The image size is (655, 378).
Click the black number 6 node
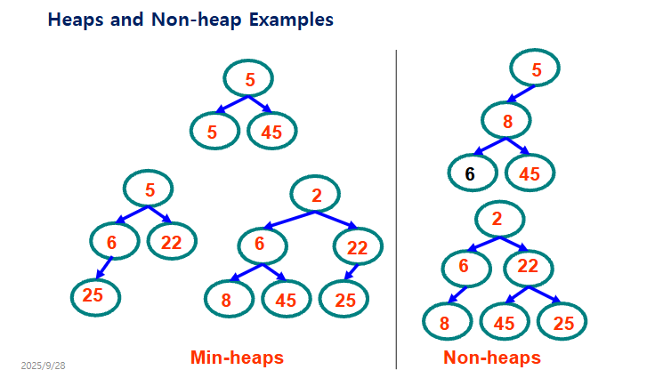(473, 173)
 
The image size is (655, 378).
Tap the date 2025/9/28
(43, 366)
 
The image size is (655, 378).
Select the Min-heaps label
(237, 358)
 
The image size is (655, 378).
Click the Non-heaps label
(492, 358)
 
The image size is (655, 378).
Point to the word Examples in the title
(291, 20)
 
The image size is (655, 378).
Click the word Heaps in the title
(76, 20)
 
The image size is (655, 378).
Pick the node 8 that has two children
(505, 120)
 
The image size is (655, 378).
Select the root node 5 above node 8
(535, 68)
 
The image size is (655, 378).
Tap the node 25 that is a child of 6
(95, 297)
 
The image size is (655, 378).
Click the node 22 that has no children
(172, 241)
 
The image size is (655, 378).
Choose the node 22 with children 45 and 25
(529, 268)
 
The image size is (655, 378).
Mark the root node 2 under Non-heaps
(499, 220)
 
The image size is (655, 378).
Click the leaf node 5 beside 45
(214, 131)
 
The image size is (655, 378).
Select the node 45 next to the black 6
(530, 173)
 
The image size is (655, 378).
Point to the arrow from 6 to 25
(104, 268)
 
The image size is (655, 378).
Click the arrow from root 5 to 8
(521, 94)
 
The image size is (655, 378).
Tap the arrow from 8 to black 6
(489, 147)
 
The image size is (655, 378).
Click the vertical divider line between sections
(396, 209)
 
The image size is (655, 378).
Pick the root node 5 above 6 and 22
(149, 189)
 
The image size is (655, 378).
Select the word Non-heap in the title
(197, 20)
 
